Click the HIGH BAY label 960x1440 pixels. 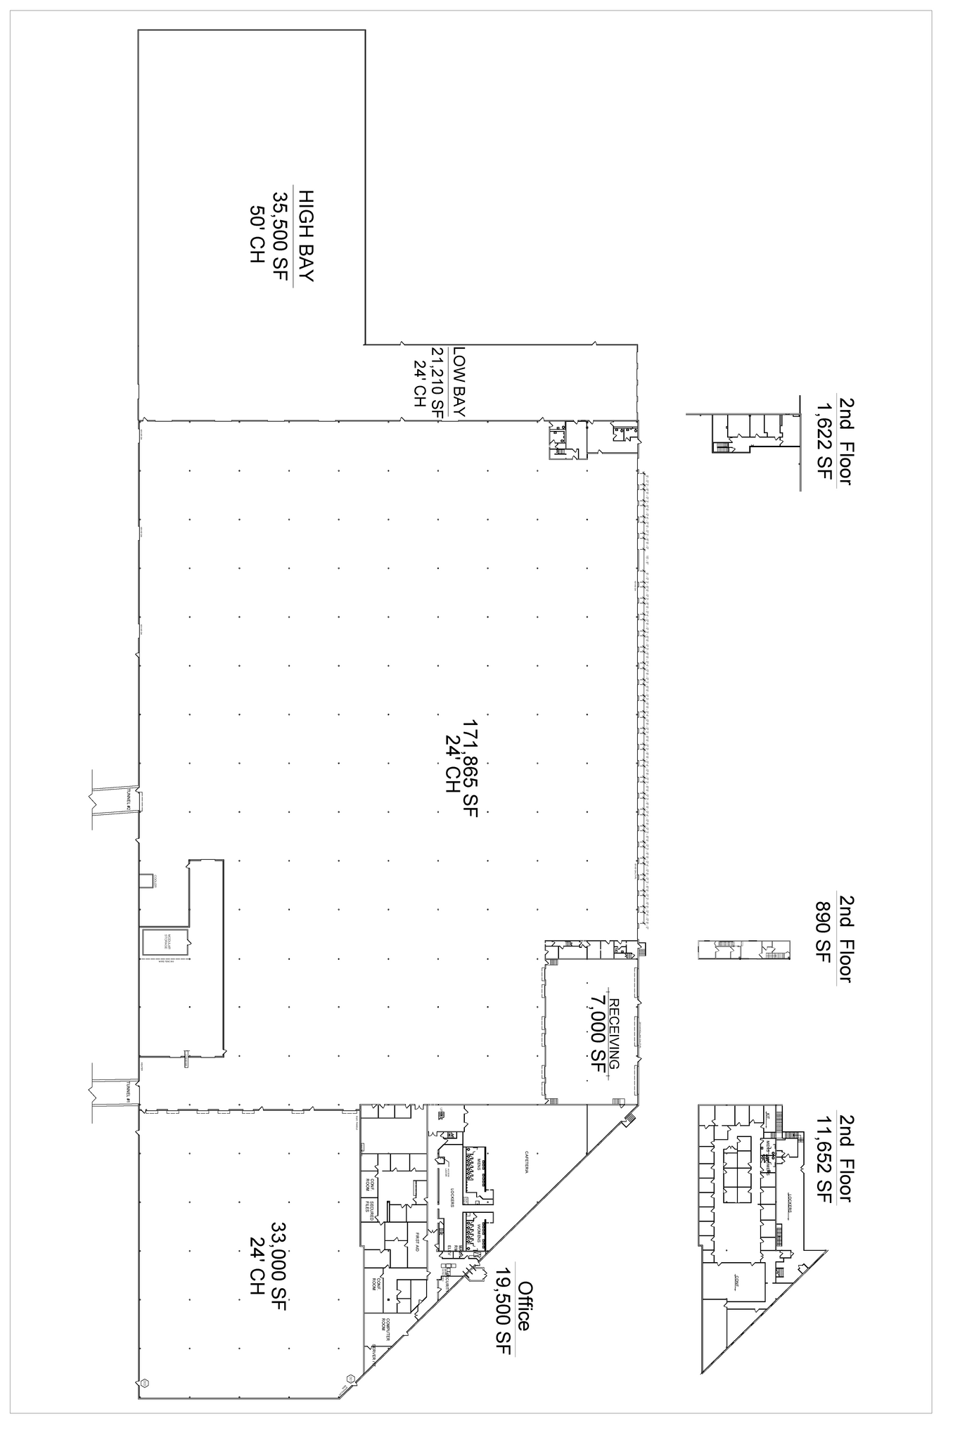pos(305,235)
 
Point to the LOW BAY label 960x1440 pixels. pos(459,382)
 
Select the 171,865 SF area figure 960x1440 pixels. pos(470,768)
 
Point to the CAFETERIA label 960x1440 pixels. pos(525,1162)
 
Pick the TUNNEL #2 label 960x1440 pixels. pos(129,799)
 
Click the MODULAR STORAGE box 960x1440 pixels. pos(166,942)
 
